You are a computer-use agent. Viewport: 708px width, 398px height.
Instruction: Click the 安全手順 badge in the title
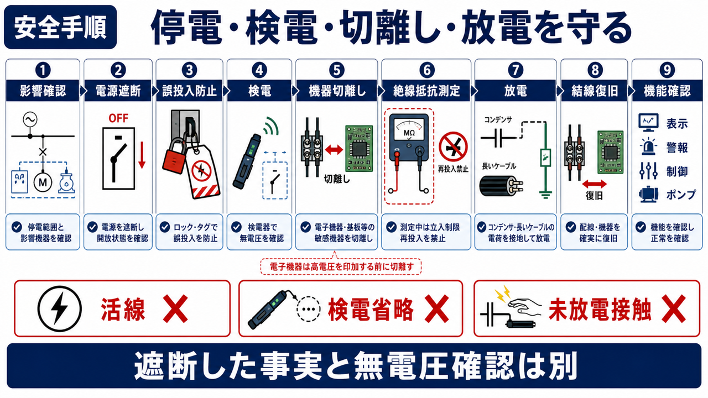60,27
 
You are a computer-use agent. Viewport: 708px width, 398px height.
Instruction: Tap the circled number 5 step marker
336,70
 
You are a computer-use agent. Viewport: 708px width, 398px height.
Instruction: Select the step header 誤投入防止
189,91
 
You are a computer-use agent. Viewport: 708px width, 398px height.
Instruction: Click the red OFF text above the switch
118,118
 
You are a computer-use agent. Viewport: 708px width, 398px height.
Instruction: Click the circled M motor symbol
43,182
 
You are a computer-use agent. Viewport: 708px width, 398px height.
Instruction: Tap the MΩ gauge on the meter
409,129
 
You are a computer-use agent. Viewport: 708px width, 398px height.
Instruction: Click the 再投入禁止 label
453,169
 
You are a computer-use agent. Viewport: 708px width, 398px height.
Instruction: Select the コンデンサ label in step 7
498,120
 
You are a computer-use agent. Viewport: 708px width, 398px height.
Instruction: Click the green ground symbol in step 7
545,193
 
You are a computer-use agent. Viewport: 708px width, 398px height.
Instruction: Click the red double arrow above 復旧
594,184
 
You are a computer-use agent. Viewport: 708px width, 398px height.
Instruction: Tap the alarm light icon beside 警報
649,147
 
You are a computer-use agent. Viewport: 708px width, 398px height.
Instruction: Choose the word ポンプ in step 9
681,195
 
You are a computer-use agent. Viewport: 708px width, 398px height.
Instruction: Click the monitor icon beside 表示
649,123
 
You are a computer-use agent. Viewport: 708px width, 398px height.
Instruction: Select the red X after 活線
175,308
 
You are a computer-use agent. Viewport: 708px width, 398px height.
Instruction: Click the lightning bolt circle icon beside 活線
59,308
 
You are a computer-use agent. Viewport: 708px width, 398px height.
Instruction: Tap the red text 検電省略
371,309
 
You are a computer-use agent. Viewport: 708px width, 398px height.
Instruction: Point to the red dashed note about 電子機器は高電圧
341,267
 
